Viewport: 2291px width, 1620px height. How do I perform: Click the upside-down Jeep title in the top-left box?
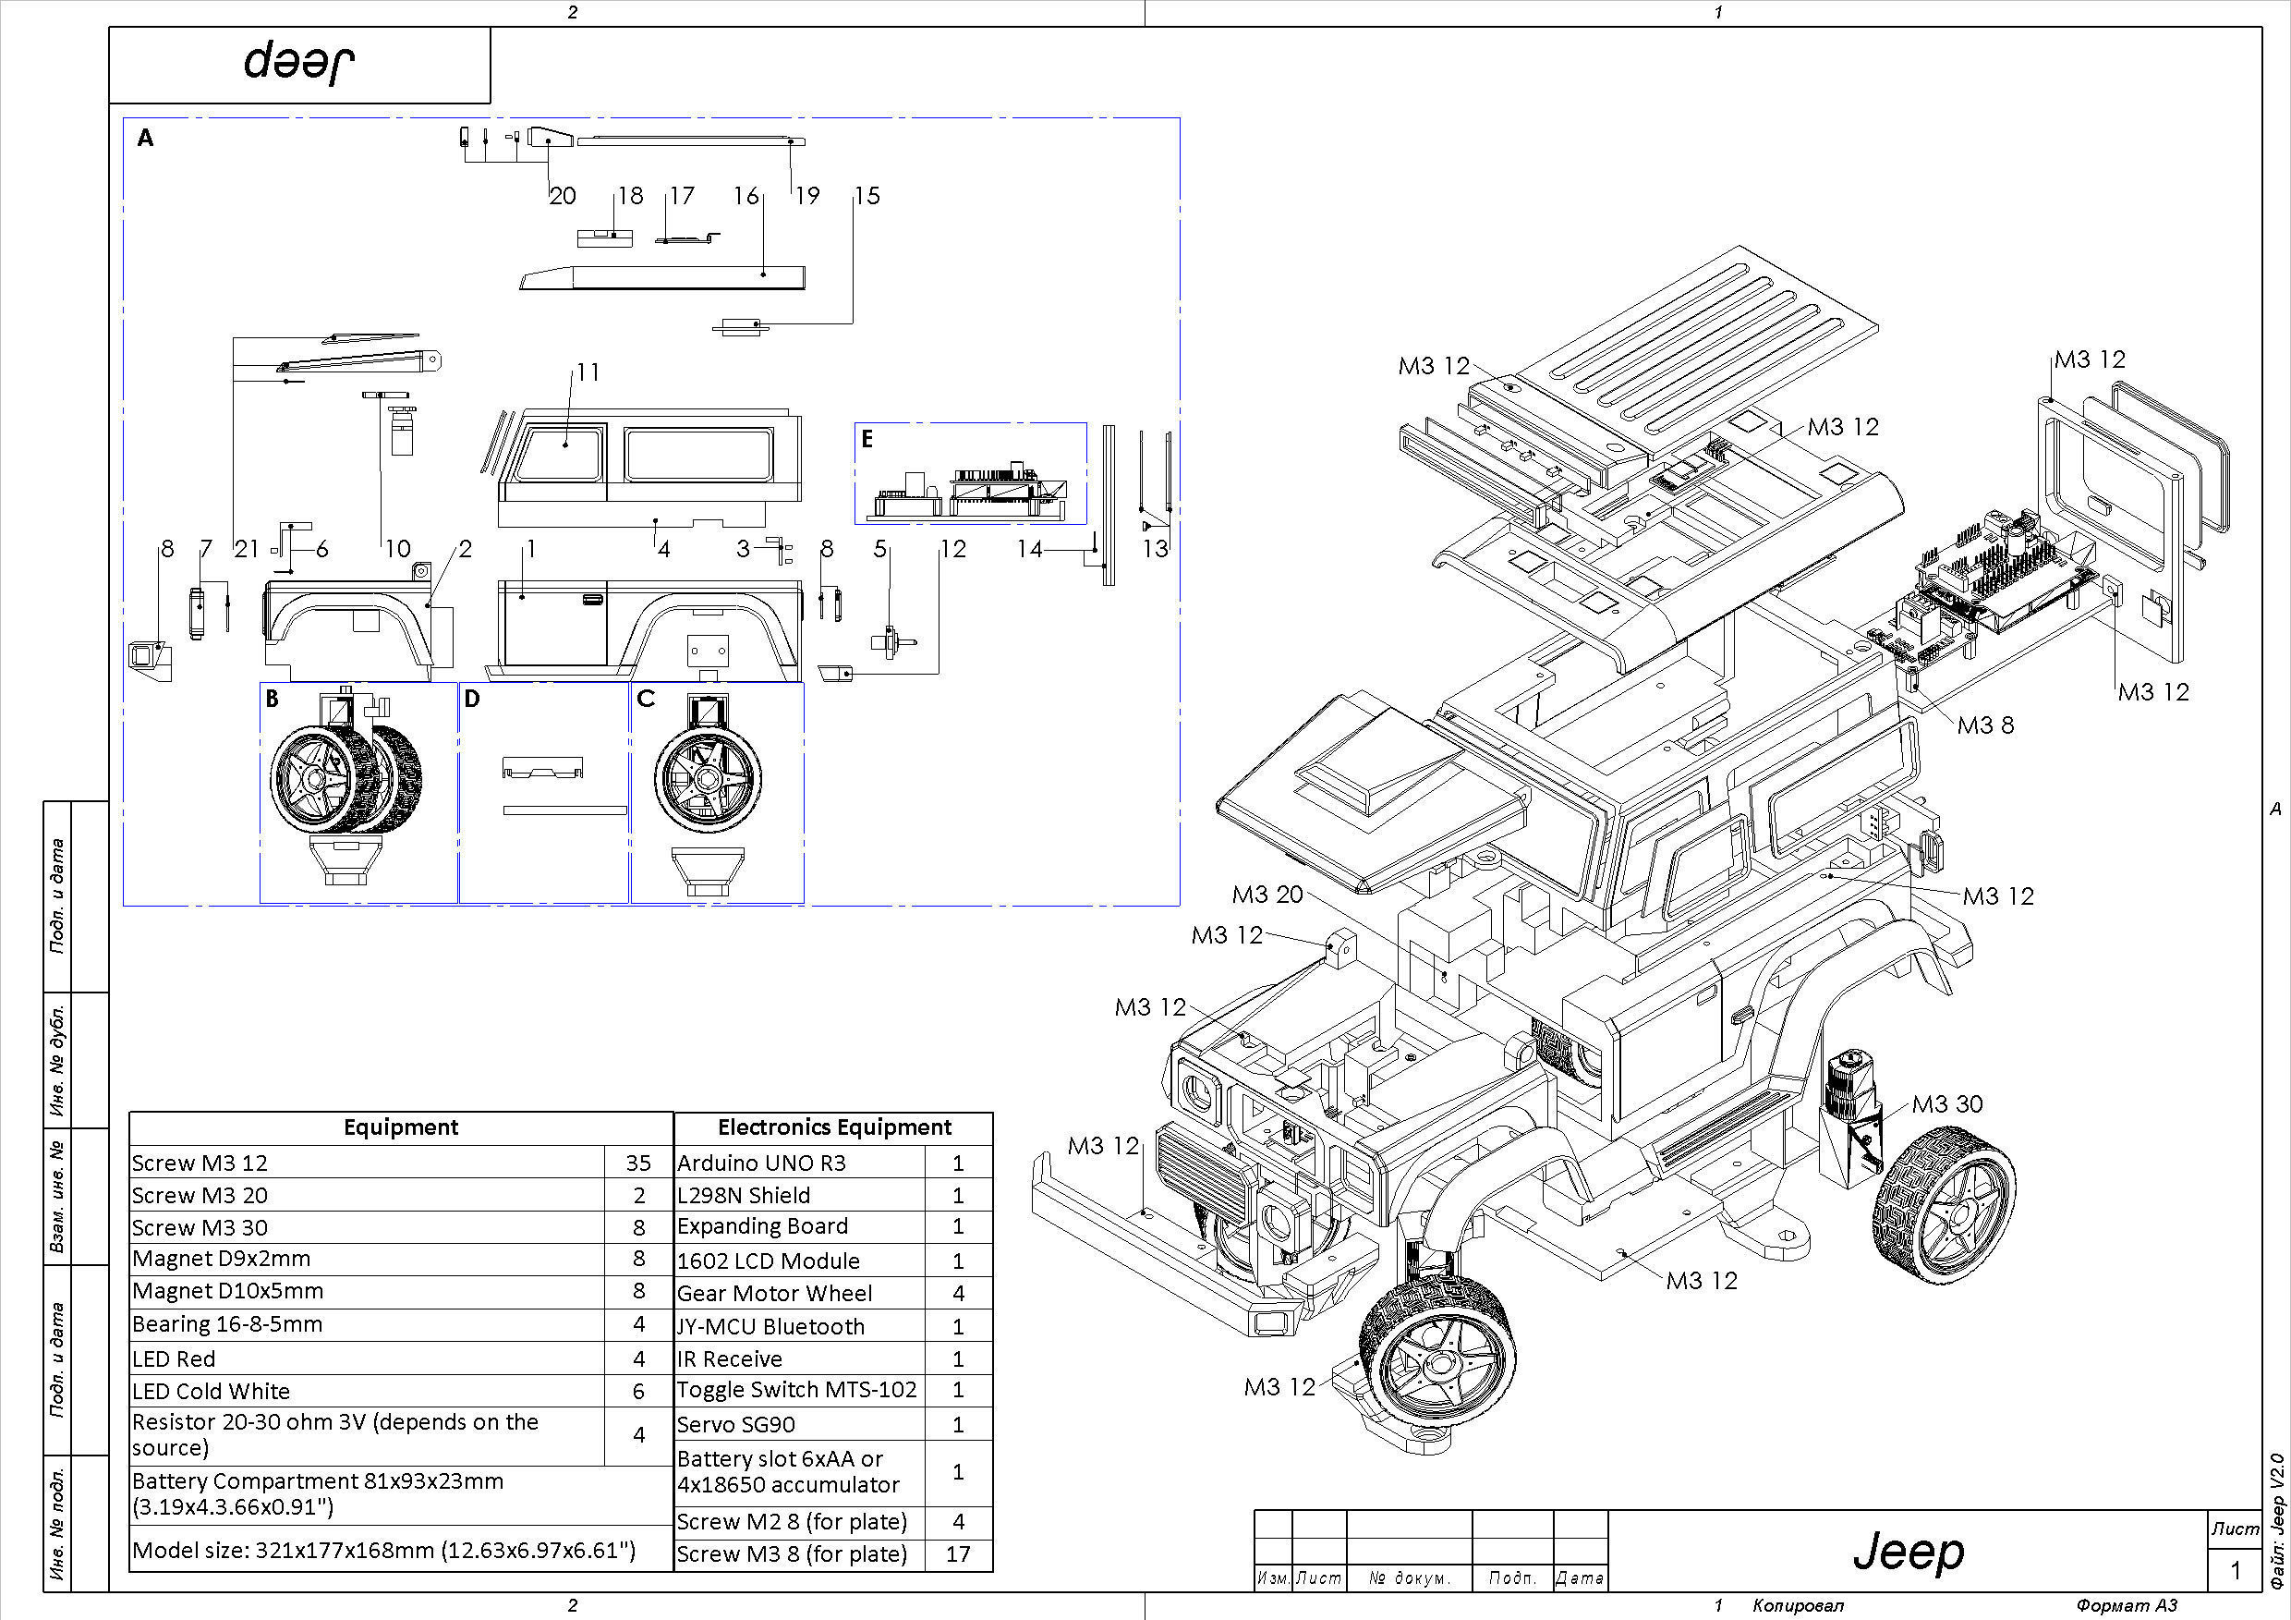click(x=299, y=63)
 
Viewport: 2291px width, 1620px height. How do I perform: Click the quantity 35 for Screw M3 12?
click(x=638, y=1163)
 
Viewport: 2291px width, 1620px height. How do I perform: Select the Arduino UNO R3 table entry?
click(x=761, y=1163)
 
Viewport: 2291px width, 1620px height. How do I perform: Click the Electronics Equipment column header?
click(x=834, y=1127)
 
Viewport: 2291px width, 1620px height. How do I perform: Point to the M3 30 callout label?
click(x=1946, y=1104)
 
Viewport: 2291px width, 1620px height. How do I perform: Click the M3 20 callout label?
click(x=1267, y=895)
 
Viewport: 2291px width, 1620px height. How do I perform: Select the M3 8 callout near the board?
click(x=1984, y=725)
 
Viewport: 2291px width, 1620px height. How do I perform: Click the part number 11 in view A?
click(x=588, y=372)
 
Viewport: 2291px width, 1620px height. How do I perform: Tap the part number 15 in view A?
click(x=867, y=196)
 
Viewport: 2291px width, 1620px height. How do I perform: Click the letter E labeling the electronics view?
click(x=867, y=439)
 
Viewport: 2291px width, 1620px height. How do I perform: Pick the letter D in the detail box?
click(x=472, y=699)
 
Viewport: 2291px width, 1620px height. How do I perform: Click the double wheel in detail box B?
click(x=345, y=778)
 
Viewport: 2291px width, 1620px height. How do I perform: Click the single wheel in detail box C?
click(x=709, y=778)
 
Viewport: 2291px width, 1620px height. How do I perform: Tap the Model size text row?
click(x=384, y=1550)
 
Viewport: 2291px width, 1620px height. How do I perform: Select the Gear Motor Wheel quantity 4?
click(x=958, y=1294)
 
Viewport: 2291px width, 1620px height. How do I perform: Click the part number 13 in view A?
click(x=1155, y=548)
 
